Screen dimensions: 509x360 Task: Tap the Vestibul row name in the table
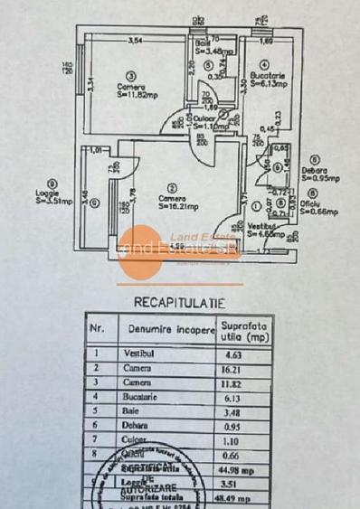tap(136, 353)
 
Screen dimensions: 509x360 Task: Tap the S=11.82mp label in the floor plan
tap(137, 91)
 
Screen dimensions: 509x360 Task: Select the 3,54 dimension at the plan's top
tap(136, 41)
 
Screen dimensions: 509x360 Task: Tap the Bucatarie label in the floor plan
tap(268, 75)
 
